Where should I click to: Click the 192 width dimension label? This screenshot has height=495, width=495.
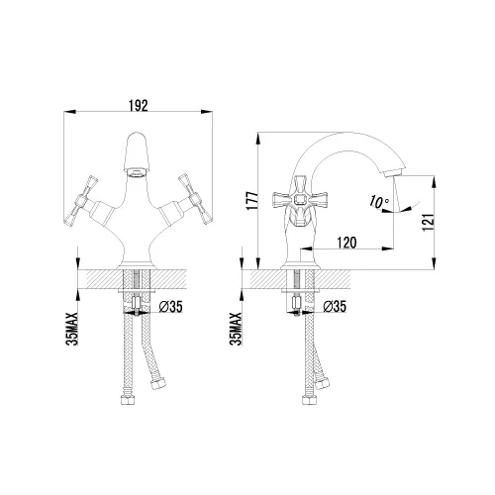[x=139, y=106]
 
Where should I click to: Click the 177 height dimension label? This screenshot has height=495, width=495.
[x=252, y=200]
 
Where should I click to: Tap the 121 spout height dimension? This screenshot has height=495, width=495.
[x=428, y=222]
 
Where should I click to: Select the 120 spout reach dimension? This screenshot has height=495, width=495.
[x=346, y=243]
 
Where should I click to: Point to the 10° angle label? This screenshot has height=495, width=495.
[x=379, y=201]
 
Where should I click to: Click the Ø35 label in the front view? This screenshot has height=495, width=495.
[x=170, y=307]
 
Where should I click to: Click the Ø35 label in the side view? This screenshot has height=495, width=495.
[x=335, y=307]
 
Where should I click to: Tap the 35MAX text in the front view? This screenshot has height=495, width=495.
[x=72, y=329]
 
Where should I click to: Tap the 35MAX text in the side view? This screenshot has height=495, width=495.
[x=236, y=329]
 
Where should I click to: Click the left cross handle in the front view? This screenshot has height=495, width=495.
[x=81, y=201]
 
